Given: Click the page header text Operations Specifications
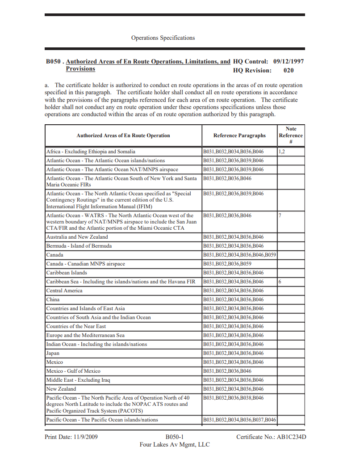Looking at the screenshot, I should pos(163,38).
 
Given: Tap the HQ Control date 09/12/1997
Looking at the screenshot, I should pos(289,62).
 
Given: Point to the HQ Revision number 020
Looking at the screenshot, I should pos(289,70).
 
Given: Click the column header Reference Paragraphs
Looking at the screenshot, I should pos(239,135).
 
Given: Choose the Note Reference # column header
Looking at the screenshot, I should pos(291,135).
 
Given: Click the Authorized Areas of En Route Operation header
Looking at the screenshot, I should pos(123,135).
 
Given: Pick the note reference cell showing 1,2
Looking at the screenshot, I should pos(282,152).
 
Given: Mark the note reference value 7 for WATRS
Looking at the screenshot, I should pos(280,215).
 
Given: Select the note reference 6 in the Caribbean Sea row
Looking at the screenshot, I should pos(280,282).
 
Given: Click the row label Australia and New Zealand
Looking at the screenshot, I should pos(77,237).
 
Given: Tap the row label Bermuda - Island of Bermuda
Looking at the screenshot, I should pos(79,246).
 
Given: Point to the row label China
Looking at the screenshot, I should pos(53,299).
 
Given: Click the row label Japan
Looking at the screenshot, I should pos(53,353).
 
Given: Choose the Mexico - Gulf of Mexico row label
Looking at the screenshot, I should pos(73,371).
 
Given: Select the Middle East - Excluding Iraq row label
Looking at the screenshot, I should pos(78,380).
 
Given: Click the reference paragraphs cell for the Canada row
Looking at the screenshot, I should pos(239,255).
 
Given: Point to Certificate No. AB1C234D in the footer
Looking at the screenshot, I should pos(271,437).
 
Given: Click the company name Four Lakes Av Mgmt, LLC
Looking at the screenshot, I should pos(175,444).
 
